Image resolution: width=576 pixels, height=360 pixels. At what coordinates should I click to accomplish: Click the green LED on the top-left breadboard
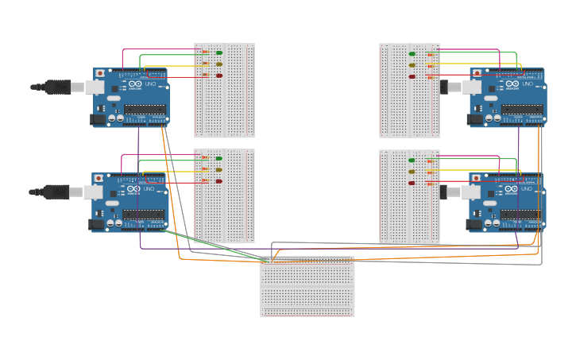pyautogui.click(x=219, y=53)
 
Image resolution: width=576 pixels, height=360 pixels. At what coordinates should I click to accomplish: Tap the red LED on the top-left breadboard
pyautogui.click(x=219, y=76)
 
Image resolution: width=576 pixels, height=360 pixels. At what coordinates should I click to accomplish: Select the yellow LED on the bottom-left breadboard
pyautogui.click(x=219, y=170)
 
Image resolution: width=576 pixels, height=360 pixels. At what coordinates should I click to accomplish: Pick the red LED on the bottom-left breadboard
pyautogui.click(x=219, y=181)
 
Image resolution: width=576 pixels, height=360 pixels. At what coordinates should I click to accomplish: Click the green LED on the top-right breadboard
pyautogui.click(x=412, y=54)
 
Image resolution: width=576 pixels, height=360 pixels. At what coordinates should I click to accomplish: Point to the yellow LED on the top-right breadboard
pyautogui.click(x=412, y=65)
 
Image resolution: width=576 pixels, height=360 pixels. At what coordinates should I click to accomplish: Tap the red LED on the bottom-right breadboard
pyautogui.click(x=412, y=183)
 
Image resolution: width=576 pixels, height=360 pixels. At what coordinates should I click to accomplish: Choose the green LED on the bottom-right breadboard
pyautogui.click(x=412, y=161)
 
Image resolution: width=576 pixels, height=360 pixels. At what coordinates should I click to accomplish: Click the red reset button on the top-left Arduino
pyautogui.click(x=100, y=73)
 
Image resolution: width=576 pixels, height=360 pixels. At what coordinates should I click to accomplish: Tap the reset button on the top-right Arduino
pyautogui.click(x=477, y=73)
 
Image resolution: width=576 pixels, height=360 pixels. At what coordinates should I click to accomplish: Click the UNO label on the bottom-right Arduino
pyautogui.click(x=527, y=189)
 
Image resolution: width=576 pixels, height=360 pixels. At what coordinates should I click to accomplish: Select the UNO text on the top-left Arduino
pyautogui.click(x=150, y=83)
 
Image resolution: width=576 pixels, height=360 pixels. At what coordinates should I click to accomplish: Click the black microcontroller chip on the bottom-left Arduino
pyautogui.click(x=144, y=215)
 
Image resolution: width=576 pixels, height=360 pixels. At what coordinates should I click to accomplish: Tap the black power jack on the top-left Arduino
pyautogui.click(x=99, y=119)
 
